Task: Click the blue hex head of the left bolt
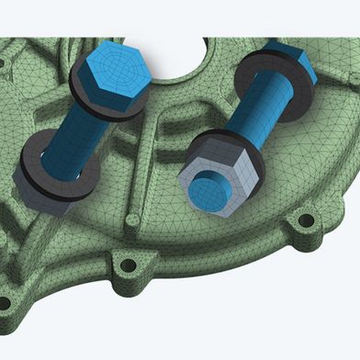[108, 77]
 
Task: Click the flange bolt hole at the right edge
[306, 220]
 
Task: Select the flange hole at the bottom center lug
[128, 265]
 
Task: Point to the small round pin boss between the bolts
[133, 220]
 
